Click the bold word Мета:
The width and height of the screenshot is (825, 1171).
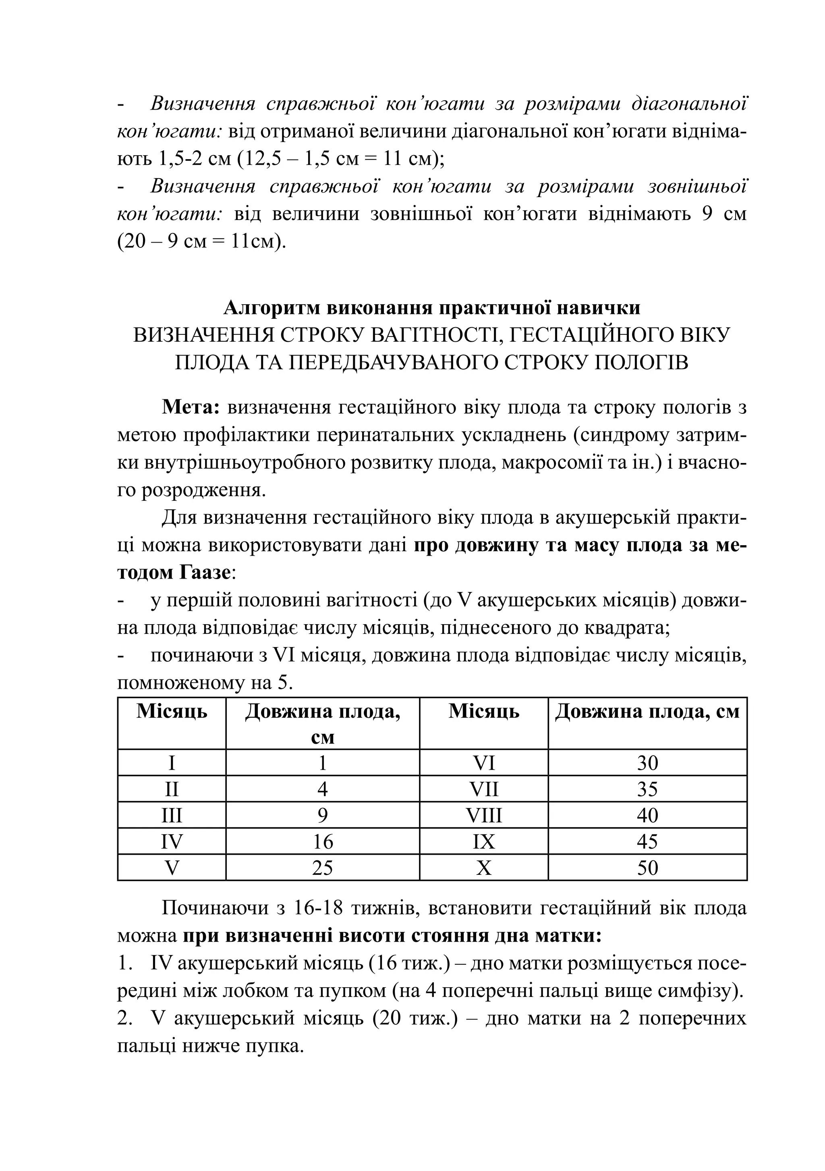pos(190,407)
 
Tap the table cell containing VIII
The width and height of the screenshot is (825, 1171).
pos(483,816)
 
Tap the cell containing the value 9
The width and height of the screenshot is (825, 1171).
pos(322,816)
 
